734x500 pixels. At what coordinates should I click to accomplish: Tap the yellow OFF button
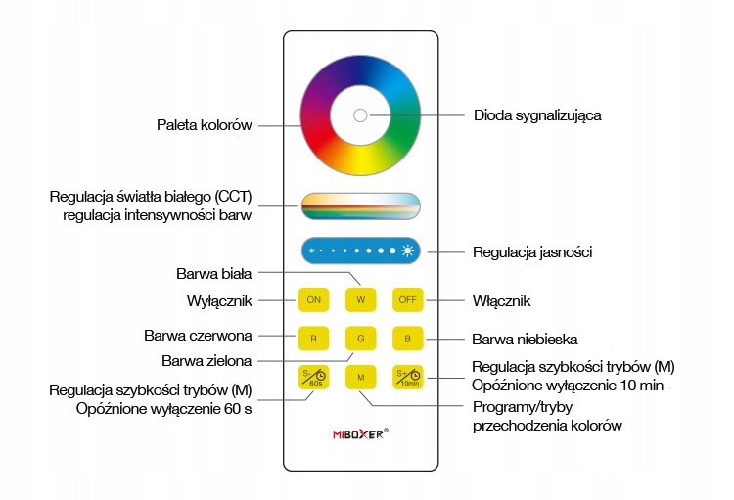[406, 300]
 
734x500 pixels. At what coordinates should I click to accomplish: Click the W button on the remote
[360, 300]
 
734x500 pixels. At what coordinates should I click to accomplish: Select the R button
[313, 339]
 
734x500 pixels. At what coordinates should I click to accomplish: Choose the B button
[406, 339]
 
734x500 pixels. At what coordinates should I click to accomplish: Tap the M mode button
[360, 377]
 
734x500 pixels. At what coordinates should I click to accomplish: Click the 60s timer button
[313, 377]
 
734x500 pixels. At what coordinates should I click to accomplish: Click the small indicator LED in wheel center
[359, 115]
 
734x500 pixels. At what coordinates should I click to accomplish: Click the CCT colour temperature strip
[360, 205]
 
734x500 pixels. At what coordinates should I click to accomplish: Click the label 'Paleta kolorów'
[205, 125]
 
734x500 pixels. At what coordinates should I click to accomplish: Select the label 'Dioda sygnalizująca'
[536, 115]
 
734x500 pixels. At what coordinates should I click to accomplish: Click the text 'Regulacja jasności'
[531, 252]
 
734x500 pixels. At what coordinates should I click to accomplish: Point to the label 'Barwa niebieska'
[525, 340]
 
